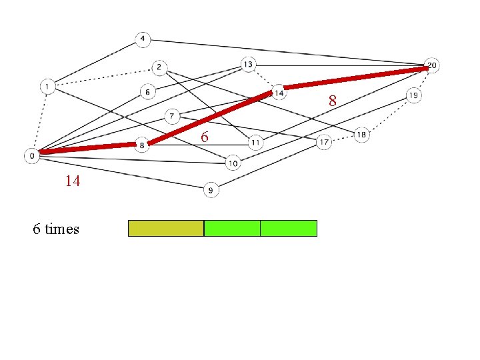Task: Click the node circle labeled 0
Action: pyautogui.click(x=32, y=156)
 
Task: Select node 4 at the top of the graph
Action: pyautogui.click(x=142, y=39)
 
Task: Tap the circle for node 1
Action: pyautogui.click(x=48, y=86)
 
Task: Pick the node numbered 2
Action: pyautogui.click(x=159, y=67)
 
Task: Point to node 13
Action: pyautogui.click(x=248, y=64)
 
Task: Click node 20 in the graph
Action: pyautogui.click(x=432, y=65)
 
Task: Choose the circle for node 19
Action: pyautogui.click(x=413, y=96)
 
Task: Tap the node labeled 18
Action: pyautogui.click(x=361, y=135)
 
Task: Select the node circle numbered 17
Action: pyautogui.click(x=324, y=142)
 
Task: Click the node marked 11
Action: pyautogui.click(x=256, y=142)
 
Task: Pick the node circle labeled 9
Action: pyautogui.click(x=211, y=191)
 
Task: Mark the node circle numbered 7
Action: pyautogui.click(x=172, y=116)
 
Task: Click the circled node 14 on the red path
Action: pyautogui.click(x=279, y=93)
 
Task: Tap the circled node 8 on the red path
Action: pyautogui.click(x=142, y=144)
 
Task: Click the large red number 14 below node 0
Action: pyautogui.click(x=73, y=181)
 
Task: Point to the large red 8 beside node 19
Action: pyautogui.click(x=332, y=101)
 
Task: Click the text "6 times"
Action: pyautogui.click(x=56, y=229)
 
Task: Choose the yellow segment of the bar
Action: pyautogui.click(x=165, y=229)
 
